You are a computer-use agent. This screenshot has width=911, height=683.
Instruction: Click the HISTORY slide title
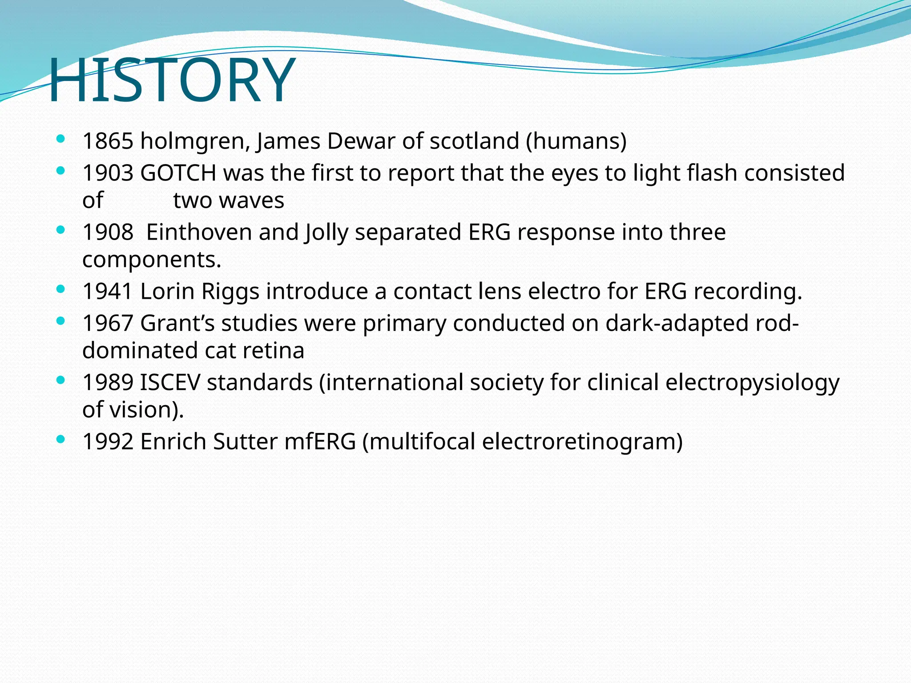click(x=171, y=80)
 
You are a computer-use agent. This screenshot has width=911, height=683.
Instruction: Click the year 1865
click(x=108, y=141)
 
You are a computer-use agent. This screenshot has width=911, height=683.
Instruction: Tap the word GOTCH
click(x=178, y=173)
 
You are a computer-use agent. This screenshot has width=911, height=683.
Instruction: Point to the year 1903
click(x=108, y=173)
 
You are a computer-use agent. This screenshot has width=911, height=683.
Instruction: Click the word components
click(x=151, y=260)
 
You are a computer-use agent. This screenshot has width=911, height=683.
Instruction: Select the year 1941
click(x=108, y=292)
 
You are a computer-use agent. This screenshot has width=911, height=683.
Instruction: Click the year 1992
click(x=108, y=442)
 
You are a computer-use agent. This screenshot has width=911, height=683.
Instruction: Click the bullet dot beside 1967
click(x=61, y=321)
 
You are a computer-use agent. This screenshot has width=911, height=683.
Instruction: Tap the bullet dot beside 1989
click(x=61, y=380)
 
